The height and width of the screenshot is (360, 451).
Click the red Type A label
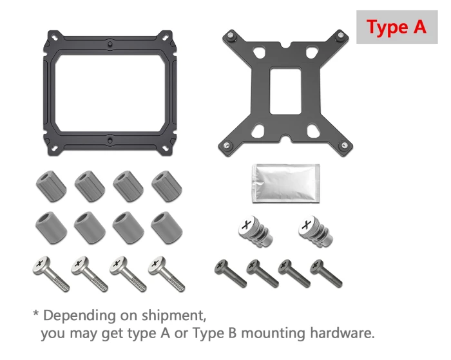[396, 28]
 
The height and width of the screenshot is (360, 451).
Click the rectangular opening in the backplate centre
[285, 91]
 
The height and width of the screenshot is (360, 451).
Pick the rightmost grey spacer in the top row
[166, 185]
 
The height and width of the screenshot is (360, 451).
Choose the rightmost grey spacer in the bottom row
[166, 226]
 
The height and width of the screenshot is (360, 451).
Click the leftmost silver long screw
[51, 274]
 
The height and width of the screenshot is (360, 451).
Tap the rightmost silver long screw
[167, 274]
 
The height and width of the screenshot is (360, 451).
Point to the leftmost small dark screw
[231, 272]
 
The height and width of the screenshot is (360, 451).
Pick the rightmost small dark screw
[326, 272]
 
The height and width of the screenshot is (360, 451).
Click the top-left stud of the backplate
[229, 37]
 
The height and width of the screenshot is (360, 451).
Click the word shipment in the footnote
[173, 317]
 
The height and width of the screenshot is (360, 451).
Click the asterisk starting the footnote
[36, 314]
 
